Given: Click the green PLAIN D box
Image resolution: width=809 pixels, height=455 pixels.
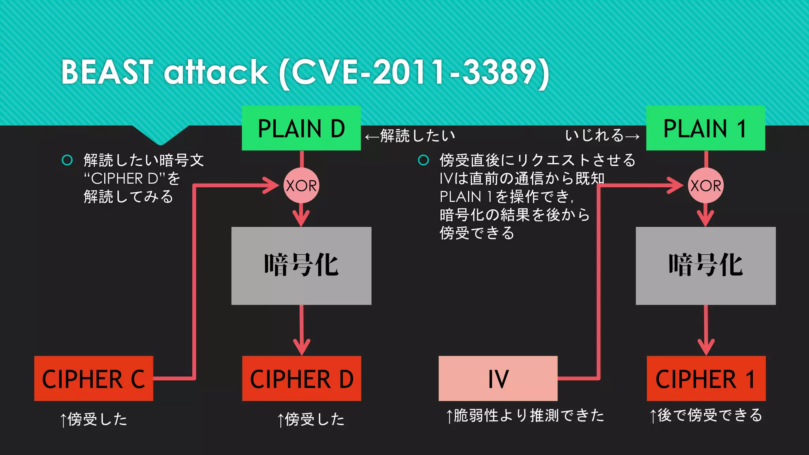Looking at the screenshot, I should point(301,128).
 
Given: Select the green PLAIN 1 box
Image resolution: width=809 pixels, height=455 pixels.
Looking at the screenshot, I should point(706,128).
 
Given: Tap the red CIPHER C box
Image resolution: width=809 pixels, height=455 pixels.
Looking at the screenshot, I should point(94,378).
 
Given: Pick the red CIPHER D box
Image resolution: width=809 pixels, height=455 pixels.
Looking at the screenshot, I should point(301,378).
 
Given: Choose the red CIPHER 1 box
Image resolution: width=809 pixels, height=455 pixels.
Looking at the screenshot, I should point(706,378).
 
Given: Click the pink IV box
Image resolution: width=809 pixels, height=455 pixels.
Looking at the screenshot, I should point(498,378).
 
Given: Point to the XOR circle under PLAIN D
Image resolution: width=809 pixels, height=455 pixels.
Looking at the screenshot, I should point(301,185).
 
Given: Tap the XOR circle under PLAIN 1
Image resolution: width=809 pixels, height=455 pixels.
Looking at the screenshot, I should point(706,185).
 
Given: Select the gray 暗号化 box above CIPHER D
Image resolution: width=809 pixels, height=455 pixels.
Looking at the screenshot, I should point(301,265).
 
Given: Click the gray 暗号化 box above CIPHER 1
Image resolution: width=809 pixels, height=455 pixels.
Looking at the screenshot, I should point(706,265).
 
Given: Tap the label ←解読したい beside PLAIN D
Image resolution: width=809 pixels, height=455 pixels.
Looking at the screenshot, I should point(410,136).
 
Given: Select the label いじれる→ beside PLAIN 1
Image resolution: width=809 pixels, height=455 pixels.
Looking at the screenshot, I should point(602,135).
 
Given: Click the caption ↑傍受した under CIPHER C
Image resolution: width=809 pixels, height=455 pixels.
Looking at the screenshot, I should point(94,419).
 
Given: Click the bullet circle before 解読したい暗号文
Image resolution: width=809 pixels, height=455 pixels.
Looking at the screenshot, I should point(67,160).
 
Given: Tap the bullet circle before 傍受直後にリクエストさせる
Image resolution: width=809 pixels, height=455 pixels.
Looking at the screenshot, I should point(423,160).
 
